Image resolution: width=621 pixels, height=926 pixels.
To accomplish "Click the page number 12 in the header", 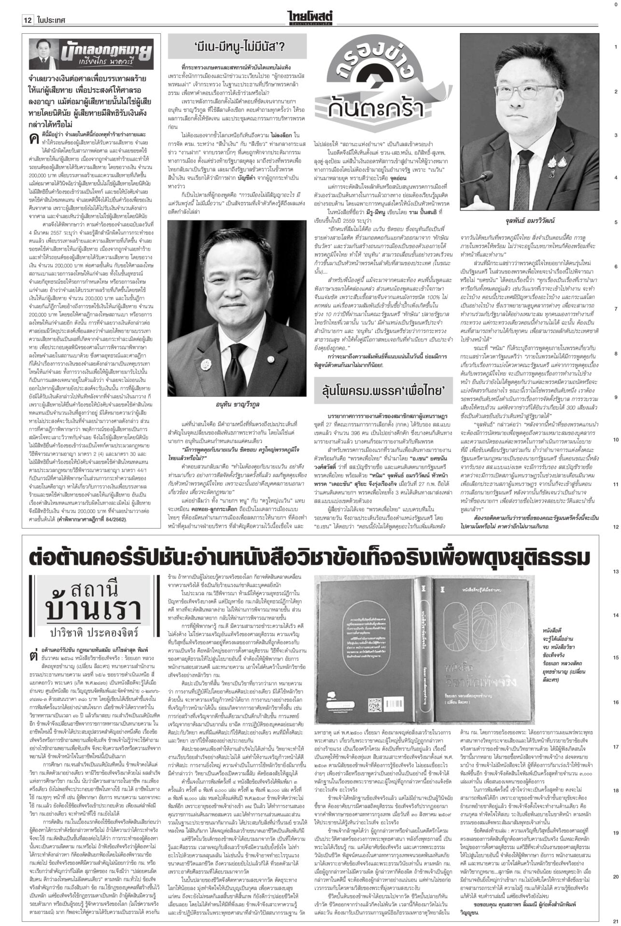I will tap(27, 20).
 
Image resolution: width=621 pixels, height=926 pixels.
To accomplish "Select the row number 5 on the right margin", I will tap(615, 222).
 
